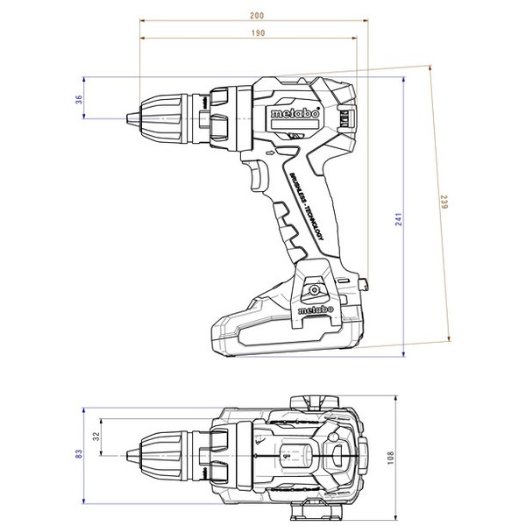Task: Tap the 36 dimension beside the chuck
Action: tap(79, 99)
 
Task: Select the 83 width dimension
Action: tap(79, 453)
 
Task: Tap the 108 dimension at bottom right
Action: tap(390, 457)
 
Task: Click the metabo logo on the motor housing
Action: tap(288, 113)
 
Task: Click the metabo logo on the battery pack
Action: tap(313, 309)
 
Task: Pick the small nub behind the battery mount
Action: tap(365, 283)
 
